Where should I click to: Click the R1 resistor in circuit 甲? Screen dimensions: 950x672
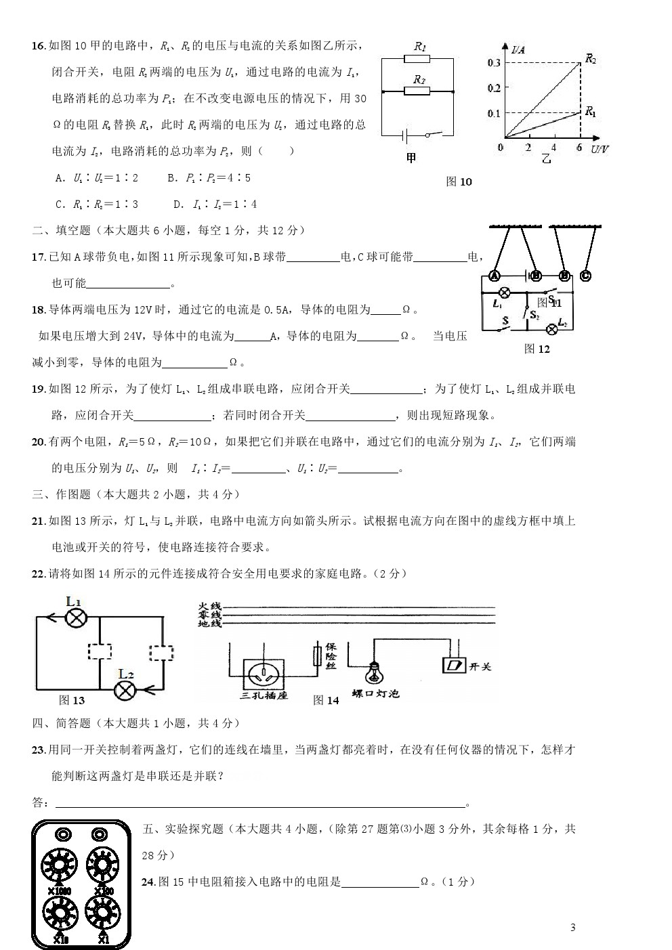tap(420, 59)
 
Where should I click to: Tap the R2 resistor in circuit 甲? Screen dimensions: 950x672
tap(420, 90)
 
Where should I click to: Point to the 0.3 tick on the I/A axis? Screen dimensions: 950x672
tap(493, 63)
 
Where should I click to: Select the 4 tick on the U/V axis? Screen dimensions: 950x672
tap(553, 148)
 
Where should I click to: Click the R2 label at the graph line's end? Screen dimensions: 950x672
tap(591, 60)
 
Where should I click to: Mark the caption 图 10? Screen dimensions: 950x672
tap(459, 181)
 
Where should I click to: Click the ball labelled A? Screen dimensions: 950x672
tap(494, 276)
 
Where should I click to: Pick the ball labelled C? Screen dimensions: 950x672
tap(585, 276)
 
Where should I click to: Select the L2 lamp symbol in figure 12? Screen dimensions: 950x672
tap(552, 330)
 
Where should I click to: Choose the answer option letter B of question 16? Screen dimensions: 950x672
tap(171, 178)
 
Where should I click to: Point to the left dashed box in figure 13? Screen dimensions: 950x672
tap(99, 651)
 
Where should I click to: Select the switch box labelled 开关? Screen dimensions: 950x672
tap(452, 666)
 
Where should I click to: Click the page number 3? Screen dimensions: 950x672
tap(572, 928)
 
